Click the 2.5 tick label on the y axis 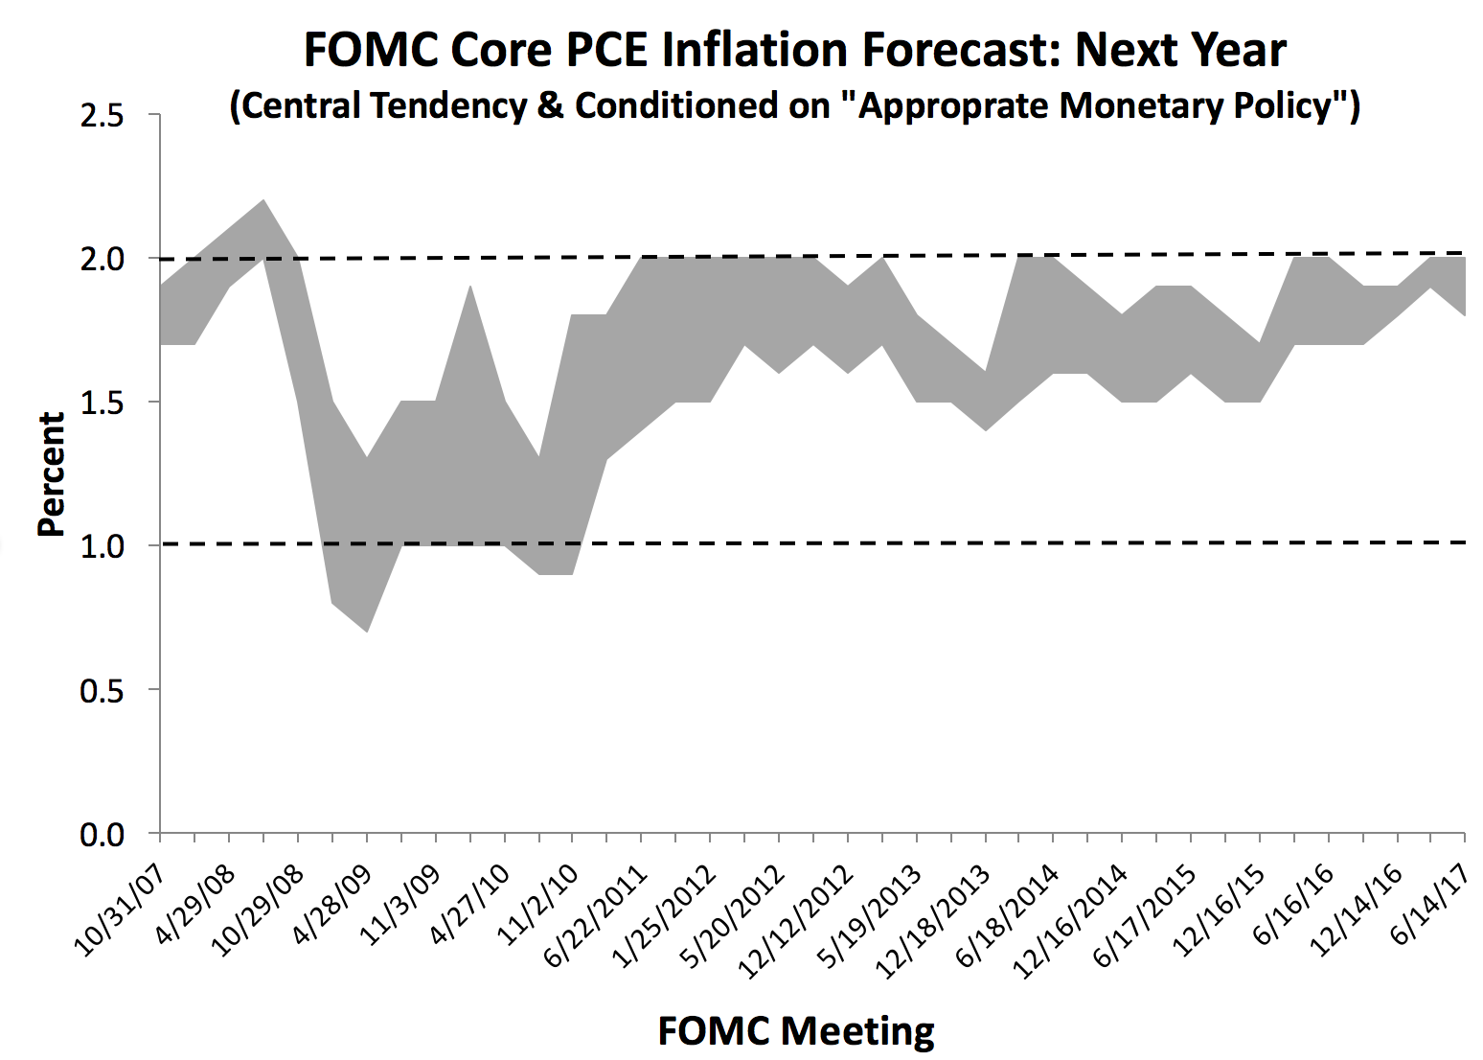pyautogui.click(x=102, y=116)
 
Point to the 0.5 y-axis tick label pyautogui.click(x=102, y=690)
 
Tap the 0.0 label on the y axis pyautogui.click(x=102, y=834)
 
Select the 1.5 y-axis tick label pyautogui.click(x=102, y=403)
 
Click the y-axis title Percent pyautogui.click(x=50, y=474)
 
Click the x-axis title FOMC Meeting pyautogui.click(x=795, y=1031)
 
